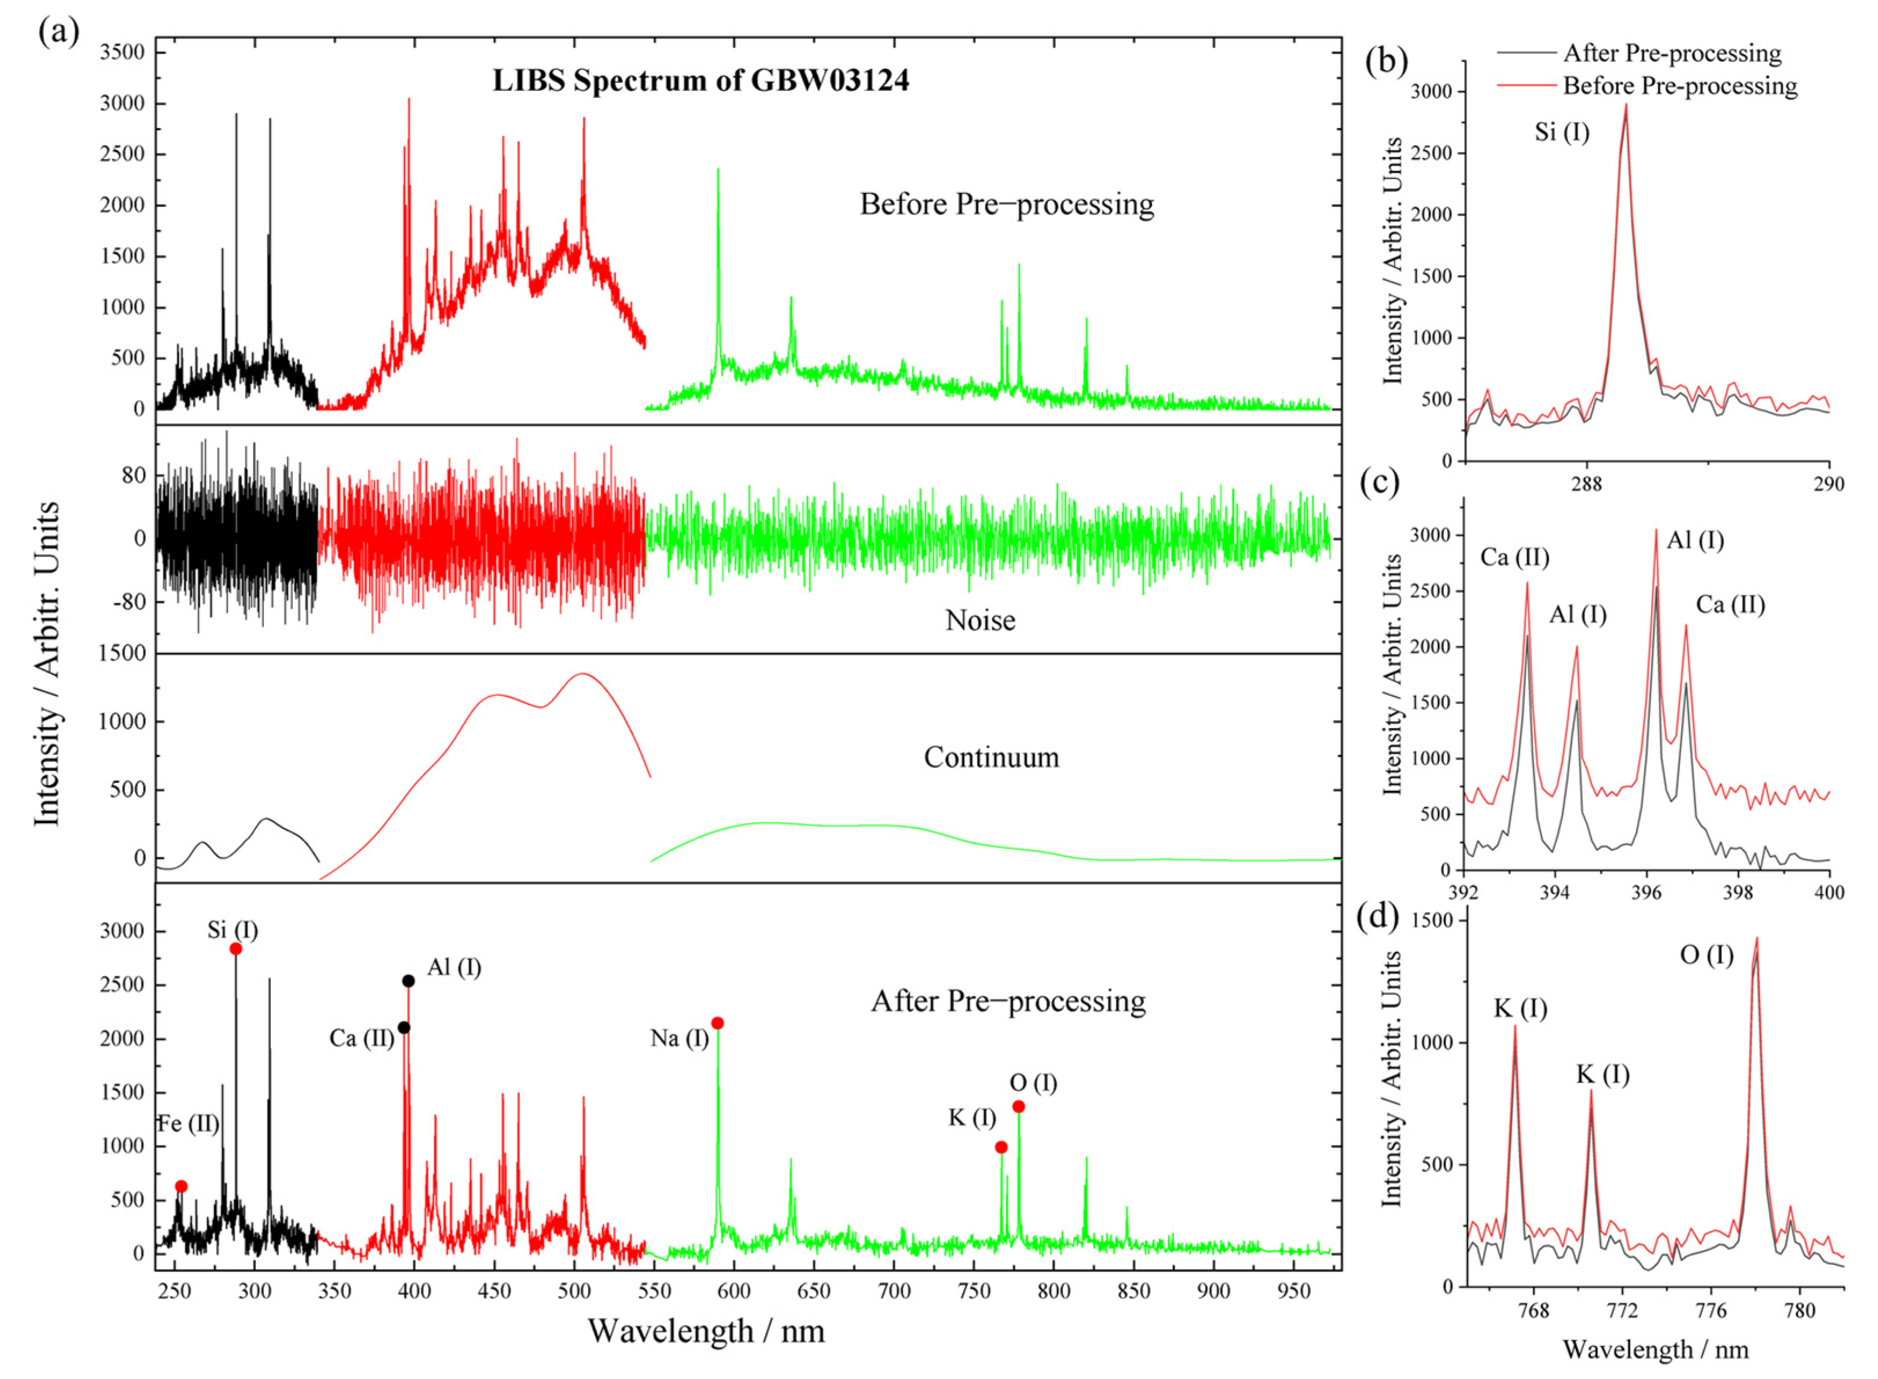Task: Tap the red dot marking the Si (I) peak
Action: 236,948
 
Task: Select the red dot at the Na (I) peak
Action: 717,1024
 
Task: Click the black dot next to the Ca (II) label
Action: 403,1028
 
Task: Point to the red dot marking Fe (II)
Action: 181,1186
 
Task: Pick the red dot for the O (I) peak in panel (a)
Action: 1018,1107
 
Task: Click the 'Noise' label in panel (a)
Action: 980,620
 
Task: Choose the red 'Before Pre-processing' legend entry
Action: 1679,86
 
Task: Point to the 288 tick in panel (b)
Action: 1586,483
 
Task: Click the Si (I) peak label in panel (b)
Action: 1562,132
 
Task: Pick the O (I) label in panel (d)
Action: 1706,955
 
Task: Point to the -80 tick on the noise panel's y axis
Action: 128,602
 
